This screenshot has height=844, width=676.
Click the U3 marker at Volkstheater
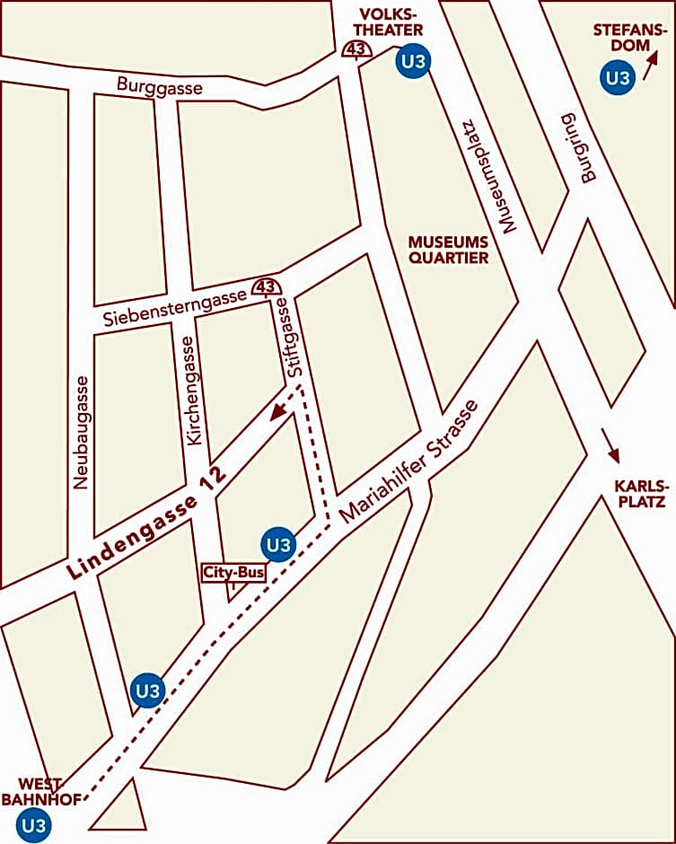pyautogui.click(x=413, y=61)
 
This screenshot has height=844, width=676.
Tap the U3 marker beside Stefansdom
pyautogui.click(x=617, y=77)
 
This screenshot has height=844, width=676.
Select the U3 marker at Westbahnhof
pyautogui.click(x=34, y=824)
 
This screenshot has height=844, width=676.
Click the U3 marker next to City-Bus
pyautogui.click(x=278, y=544)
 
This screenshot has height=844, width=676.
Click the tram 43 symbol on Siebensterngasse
pyautogui.click(x=265, y=286)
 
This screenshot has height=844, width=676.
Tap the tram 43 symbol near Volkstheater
pyautogui.click(x=356, y=49)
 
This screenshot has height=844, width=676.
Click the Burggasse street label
pyautogui.click(x=160, y=86)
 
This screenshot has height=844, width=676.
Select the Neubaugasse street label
pyautogui.click(x=82, y=432)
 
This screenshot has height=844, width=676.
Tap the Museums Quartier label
pyautogui.click(x=448, y=250)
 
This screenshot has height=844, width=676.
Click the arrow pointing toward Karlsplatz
pyautogui.click(x=610, y=444)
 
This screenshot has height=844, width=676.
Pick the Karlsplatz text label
pyautogui.click(x=639, y=494)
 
